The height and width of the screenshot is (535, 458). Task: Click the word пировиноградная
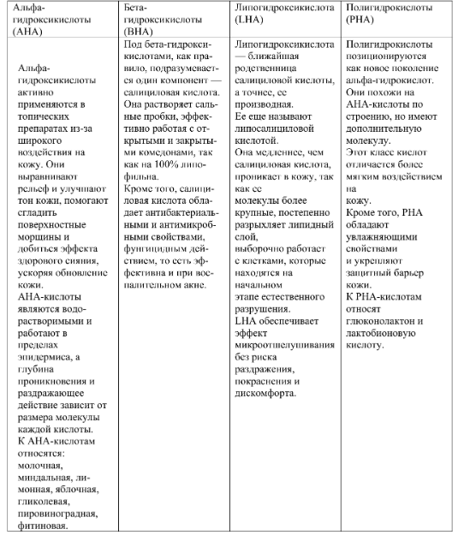click(x=56, y=513)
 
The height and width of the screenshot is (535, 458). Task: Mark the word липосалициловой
click(x=276, y=122)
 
